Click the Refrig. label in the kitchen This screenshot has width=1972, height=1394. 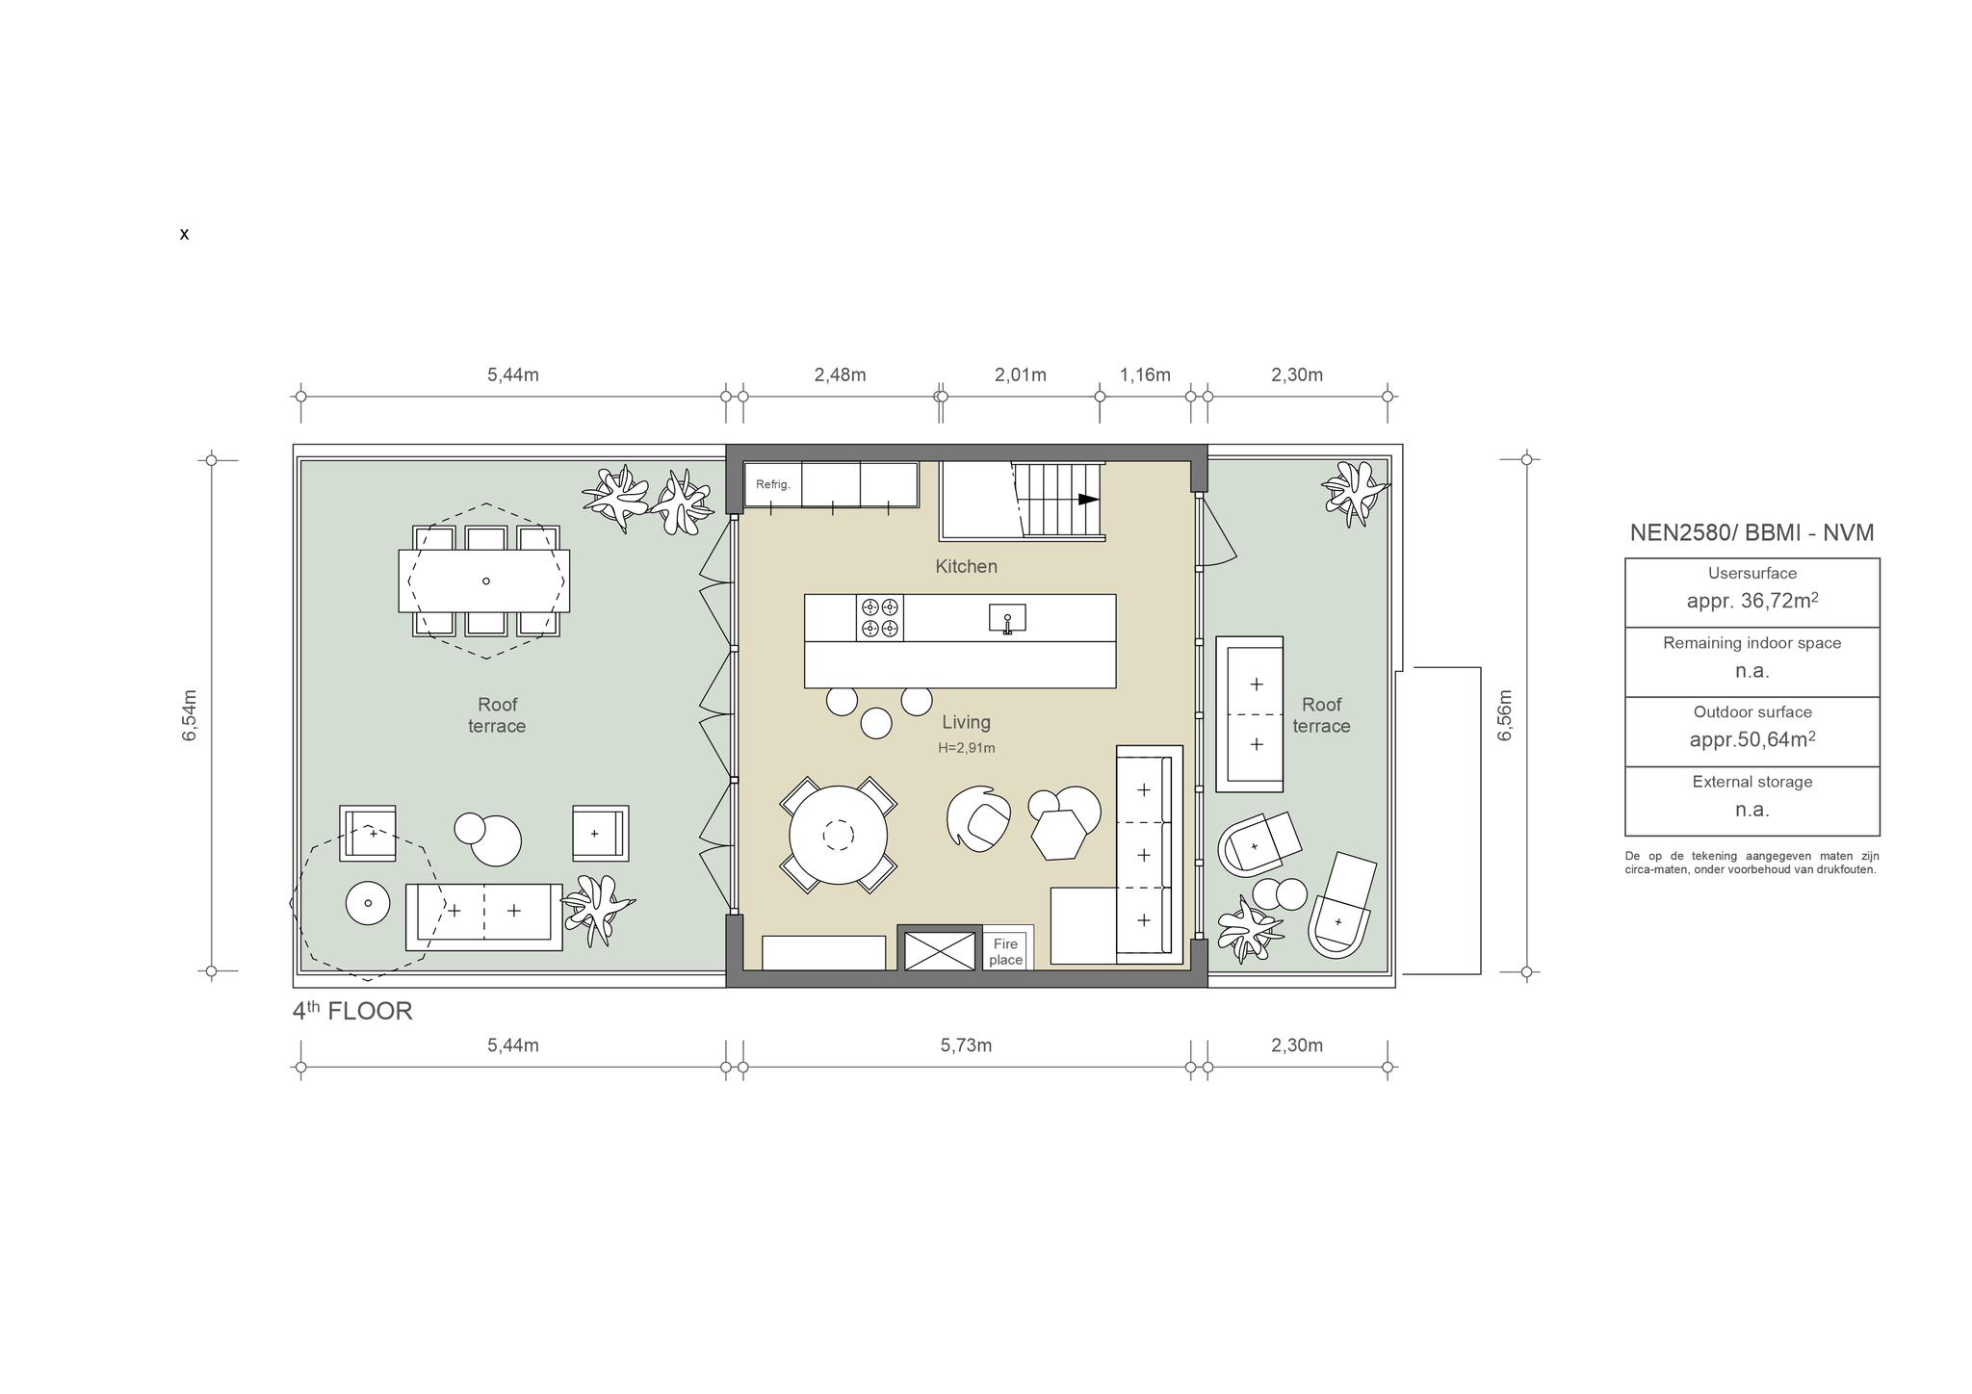click(772, 484)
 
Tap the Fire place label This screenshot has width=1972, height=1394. click(1005, 952)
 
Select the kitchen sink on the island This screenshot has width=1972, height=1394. click(1007, 618)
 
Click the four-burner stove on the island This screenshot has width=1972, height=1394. click(880, 618)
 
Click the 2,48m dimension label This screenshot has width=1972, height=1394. click(840, 374)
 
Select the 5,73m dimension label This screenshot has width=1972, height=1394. click(966, 1045)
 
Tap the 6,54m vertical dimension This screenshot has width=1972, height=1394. click(190, 715)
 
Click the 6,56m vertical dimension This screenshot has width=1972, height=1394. click(1505, 715)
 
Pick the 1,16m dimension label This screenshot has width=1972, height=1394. click(1145, 374)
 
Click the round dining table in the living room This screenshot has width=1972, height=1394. click(839, 835)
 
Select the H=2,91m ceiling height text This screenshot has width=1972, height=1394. click(967, 748)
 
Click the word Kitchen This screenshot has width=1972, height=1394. click(966, 566)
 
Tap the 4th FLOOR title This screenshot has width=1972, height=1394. click(352, 1011)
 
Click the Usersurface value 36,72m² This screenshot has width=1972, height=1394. click(1752, 601)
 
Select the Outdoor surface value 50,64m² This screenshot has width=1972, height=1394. click(1752, 739)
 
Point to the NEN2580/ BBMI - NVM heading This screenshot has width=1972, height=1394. click(1751, 532)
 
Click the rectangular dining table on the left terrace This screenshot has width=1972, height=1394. click(484, 581)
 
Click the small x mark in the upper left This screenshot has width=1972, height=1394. click(184, 234)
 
